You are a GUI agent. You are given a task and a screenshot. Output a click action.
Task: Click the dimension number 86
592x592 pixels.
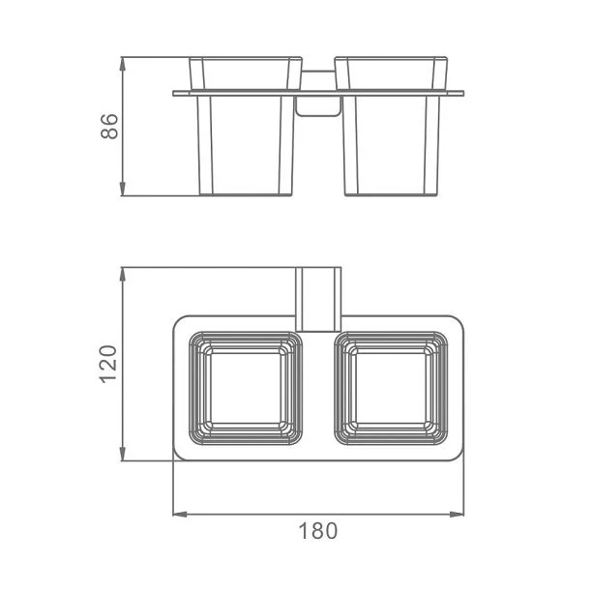109,126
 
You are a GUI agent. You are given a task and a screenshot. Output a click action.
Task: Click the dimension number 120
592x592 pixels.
108,365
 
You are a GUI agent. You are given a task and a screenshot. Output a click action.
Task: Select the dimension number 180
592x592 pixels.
318,531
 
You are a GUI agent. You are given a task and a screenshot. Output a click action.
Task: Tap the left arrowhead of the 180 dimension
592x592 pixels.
180,515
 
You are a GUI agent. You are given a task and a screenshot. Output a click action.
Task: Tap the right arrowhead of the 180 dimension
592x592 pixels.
457,515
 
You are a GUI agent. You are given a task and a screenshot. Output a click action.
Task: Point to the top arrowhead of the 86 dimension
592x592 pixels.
122,64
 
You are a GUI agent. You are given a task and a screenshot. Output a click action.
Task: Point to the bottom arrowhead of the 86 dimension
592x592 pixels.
122,189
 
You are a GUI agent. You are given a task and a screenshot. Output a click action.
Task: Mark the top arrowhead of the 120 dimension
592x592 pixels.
122,274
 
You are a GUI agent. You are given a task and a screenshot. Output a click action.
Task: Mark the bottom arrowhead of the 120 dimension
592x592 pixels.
122,454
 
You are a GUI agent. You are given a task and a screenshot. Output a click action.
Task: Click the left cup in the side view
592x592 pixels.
246,126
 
